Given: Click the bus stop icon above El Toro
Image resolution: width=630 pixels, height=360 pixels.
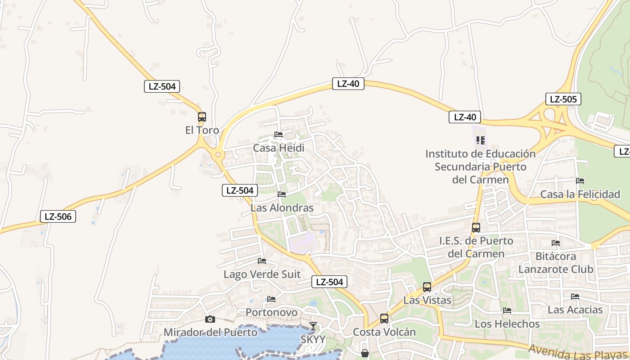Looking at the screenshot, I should point(202,117).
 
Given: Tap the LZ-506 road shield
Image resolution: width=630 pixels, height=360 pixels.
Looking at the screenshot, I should point(58,216).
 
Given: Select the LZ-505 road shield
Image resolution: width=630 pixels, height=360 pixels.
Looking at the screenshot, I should point(563,99).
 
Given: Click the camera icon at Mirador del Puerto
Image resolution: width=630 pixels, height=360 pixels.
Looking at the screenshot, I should point(210,319).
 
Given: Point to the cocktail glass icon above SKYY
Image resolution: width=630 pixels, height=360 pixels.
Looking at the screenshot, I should point(313,326).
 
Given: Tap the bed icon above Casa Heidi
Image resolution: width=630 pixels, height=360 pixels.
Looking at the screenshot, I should point(279,135).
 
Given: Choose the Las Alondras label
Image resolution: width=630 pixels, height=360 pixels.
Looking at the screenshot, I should point(282,208).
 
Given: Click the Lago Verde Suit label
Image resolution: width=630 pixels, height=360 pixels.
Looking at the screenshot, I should point(262,274).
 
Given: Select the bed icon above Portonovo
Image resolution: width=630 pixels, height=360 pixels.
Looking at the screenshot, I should point(271,299).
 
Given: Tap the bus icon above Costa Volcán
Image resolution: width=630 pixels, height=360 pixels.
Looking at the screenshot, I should point(384,319).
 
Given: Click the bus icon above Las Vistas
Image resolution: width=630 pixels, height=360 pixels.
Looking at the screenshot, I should point(427,287).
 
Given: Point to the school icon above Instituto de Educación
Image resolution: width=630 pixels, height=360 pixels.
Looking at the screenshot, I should point(480,140).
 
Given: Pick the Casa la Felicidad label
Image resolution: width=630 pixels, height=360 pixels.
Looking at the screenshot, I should point(580,194).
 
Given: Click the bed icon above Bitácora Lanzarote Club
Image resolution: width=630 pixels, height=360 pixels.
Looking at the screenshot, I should point(556,243).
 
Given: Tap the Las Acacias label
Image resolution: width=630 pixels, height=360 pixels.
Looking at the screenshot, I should point(575,310).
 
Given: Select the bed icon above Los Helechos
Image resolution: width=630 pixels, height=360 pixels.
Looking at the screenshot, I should point(507,310).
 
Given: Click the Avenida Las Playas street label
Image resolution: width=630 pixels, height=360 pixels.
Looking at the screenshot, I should point(578,352).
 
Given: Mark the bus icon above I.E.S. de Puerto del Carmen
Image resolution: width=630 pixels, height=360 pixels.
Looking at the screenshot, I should point(476,228).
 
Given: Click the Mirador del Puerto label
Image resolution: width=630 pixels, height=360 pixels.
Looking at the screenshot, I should point(210,333).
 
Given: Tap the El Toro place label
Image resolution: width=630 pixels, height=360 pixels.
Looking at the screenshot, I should point(202,130).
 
